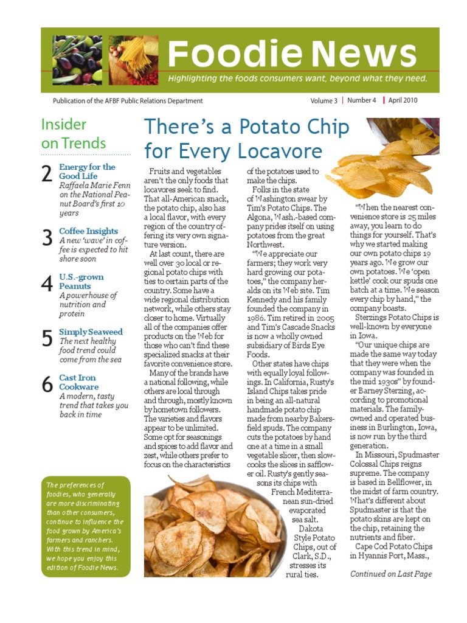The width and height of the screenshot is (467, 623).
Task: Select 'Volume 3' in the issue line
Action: tap(323, 101)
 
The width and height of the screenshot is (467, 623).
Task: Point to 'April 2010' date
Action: tap(403, 101)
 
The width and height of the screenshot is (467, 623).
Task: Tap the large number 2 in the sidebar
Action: tap(47, 175)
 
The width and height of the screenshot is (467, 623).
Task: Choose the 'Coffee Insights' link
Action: tap(88, 231)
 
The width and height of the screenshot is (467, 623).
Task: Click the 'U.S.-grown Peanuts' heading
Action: tap(81, 281)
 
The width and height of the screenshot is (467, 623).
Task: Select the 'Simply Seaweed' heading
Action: tap(91, 332)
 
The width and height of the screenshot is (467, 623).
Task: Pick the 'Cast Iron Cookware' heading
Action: tap(78, 382)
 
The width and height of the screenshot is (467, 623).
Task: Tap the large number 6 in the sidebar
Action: tap(47, 385)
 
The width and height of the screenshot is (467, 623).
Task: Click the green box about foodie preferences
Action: tap(86, 526)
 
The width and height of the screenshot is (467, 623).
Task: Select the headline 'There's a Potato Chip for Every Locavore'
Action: tap(246, 138)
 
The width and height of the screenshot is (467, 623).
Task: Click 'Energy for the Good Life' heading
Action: tap(87, 171)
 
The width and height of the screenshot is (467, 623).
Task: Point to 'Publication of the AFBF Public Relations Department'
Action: tap(128, 101)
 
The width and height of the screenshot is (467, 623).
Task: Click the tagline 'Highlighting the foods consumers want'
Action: tap(297, 79)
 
